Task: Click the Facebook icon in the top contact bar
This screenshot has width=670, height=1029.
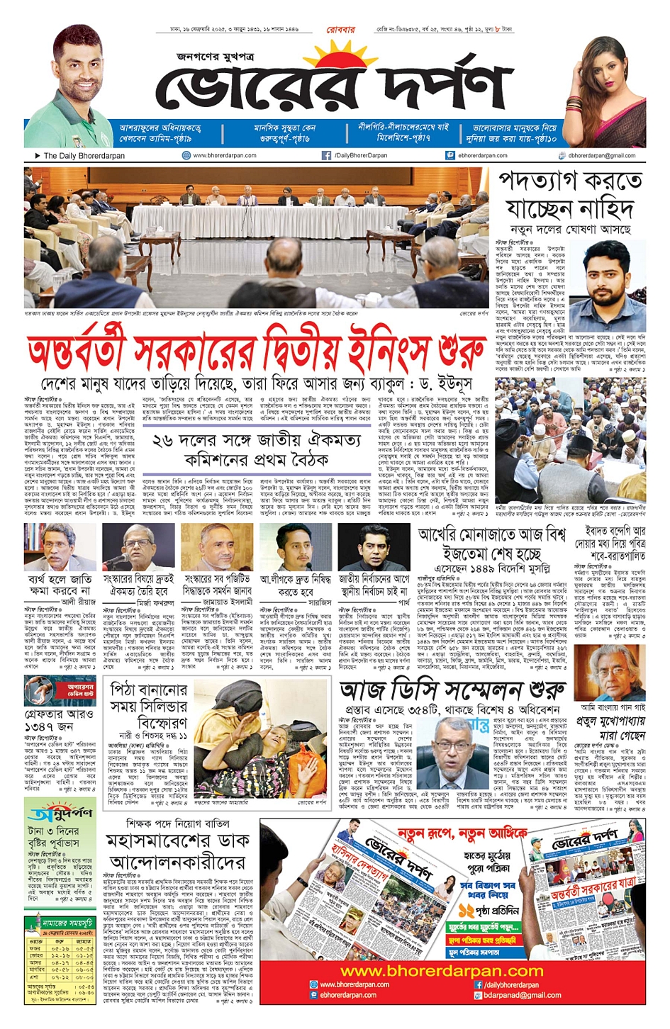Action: [326, 155]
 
